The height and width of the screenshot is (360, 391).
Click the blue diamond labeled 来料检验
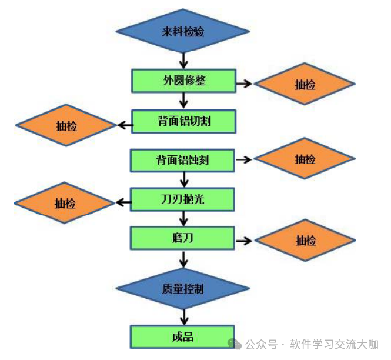(x=183, y=31)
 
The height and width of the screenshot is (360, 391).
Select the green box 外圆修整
(x=183, y=81)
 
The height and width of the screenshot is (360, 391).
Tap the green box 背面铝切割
(x=183, y=122)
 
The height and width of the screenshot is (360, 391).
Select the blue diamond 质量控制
(x=183, y=289)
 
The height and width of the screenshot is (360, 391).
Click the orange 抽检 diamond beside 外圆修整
(x=305, y=85)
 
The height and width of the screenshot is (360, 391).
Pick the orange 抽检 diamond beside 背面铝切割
(x=66, y=125)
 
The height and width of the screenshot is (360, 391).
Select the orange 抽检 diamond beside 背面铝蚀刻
(x=305, y=159)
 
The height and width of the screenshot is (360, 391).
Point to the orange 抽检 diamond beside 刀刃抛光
(x=65, y=204)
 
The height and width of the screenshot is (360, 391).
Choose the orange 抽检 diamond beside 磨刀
(x=305, y=241)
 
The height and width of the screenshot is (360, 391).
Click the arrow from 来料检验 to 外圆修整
(x=183, y=60)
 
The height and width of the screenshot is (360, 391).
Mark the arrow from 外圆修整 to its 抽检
(x=244, y=84)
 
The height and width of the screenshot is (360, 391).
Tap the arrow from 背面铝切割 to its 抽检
(x=124, y=124)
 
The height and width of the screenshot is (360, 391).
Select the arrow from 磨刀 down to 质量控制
(x=183, y=259)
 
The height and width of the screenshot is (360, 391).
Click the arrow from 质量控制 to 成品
(x=183, y=315)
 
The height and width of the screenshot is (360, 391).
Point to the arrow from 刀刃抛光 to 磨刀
(x=183, y=219)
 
